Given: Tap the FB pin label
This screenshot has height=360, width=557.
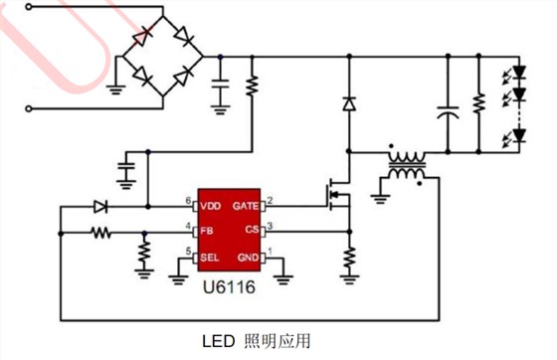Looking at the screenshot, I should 206,231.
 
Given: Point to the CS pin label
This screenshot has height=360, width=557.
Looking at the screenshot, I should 252,231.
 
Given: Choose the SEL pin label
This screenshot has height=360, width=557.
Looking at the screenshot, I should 209,258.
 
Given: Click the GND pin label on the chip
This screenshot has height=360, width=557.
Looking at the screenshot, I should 248,258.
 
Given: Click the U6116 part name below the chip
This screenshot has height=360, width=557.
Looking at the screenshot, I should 230,283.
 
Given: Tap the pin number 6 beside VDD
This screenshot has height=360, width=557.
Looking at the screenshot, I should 189,201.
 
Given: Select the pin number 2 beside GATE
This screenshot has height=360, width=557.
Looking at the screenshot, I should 270,201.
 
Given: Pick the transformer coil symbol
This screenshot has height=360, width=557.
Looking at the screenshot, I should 407,167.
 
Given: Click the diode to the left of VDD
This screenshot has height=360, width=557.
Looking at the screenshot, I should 100,207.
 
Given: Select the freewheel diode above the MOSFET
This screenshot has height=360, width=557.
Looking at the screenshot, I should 348,103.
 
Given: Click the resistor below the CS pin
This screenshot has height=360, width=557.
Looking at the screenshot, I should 348,258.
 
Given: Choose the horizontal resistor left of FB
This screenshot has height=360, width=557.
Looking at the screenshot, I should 100,234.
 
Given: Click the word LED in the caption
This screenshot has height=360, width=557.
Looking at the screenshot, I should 219,341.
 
